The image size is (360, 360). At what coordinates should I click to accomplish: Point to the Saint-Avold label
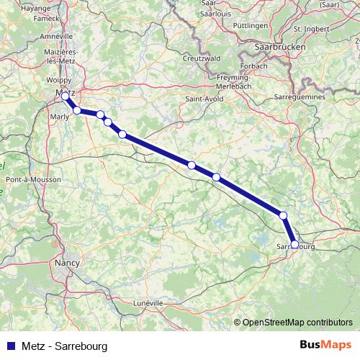[x=202, y=98]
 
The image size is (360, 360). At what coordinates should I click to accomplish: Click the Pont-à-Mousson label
[x=27, y=178]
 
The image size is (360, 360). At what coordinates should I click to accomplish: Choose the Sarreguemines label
[x=300, y=96]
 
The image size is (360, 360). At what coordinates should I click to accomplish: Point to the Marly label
[x=60, y=115]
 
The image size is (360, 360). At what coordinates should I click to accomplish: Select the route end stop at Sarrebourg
[x=294, y=244]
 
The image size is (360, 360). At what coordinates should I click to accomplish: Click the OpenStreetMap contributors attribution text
[x=297, y=323]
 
